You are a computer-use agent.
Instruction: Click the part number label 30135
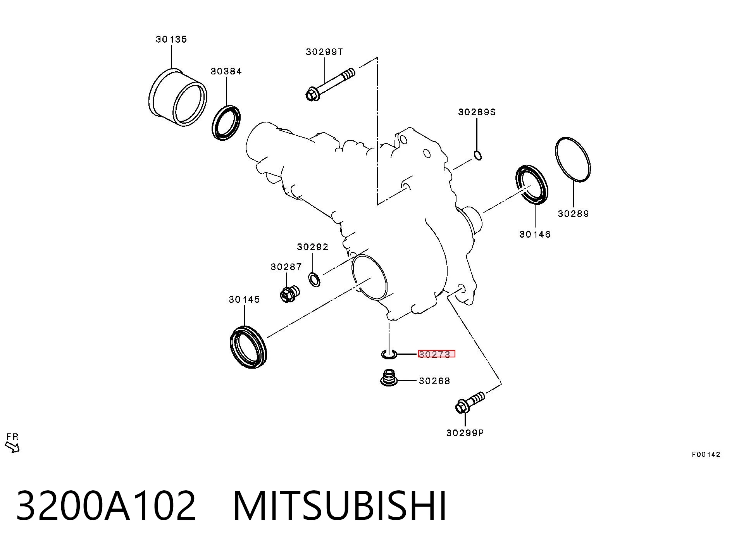[x=171, y=39]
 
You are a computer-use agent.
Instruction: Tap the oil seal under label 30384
[x=226, y=122]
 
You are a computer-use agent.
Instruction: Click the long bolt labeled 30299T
[x=330, y=85]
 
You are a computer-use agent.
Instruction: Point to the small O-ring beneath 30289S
[x=478, y=155]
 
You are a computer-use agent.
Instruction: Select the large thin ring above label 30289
[x=573, y=159]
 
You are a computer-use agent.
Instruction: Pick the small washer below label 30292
[x=314, y=279]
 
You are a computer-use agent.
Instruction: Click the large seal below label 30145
[x=248, y=347]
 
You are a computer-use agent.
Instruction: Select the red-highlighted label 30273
[x=436, y=354]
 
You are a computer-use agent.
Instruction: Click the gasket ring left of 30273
[x=389, y=354]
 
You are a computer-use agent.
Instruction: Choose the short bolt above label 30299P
[x=470, y=402]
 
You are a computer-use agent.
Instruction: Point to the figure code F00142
[x=706, y=455]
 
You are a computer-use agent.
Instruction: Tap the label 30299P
[x=465, y=433]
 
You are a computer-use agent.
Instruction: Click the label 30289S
[x=477, y=112]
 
